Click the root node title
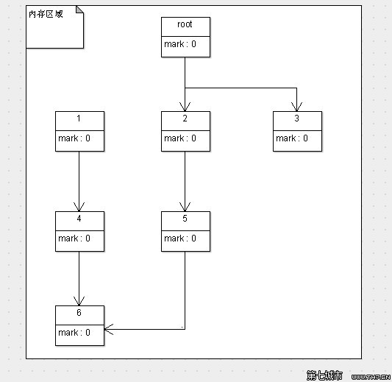pyautogui.click(x=185, y=25)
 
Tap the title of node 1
pyautogui.click(x=79, y=119)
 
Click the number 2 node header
pyautogui.click(x=185, y=119)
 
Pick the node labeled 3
pyautogui.click(x=297, y=119)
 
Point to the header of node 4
pyautogui.click(x=79, y=219)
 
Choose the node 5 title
pyautogui.click(x=185, y=219)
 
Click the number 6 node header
pyautogui.click(x=79, y=314)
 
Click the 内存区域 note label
pyautogui.click(x=46, y=15)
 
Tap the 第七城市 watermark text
pyautogui.click(x=324, y=375)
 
